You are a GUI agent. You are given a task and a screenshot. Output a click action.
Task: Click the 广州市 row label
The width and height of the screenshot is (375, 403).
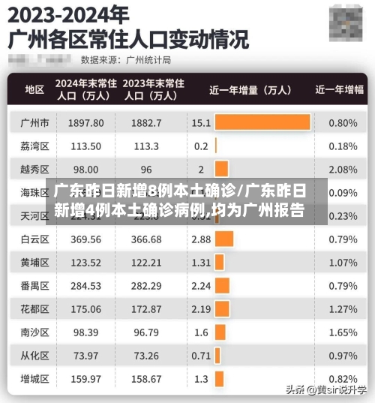click(x=34, y=122)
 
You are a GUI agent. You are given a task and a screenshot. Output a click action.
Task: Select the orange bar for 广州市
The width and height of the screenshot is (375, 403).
click(x=262, y=122)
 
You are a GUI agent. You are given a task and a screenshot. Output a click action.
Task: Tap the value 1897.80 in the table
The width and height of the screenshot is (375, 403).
click(x=85, y=122)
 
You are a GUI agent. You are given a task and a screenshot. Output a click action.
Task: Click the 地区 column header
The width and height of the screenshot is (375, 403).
click(x=34, y=89)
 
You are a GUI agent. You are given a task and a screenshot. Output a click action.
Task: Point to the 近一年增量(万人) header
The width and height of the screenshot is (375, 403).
click(x=250, y=89)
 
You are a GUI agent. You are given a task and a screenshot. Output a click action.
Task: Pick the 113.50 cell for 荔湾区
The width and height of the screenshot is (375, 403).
click(x=85, y=146)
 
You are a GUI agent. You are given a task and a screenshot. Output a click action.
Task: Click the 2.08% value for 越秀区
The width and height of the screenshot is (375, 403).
click(x=343, y=169)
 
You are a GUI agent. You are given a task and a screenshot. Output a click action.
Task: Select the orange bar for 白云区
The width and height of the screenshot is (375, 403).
click(x=224, y=239)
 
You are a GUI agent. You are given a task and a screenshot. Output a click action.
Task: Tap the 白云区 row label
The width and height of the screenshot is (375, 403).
click(x=34, y=239)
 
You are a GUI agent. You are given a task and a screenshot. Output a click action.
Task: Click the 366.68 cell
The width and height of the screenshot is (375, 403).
click(x=146, y=239)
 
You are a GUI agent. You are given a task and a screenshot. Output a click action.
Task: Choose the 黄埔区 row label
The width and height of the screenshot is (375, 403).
click(x=34, y=263)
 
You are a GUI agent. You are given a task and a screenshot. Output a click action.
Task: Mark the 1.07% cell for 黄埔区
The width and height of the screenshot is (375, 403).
click(x=343, y=263)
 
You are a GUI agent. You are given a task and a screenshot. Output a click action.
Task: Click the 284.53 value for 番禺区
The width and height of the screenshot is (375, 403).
click(x=85, y=286)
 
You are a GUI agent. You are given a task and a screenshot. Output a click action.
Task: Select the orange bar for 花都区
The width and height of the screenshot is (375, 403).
click(x=222, y=309)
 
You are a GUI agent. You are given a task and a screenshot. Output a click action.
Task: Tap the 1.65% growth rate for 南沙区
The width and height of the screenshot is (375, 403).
click(x=343, y=332)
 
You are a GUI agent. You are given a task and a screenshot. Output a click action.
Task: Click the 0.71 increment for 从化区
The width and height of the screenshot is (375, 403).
click(x=201, y=356)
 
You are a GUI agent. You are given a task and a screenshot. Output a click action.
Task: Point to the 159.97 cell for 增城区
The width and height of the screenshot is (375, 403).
click(x=85, y=379)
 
